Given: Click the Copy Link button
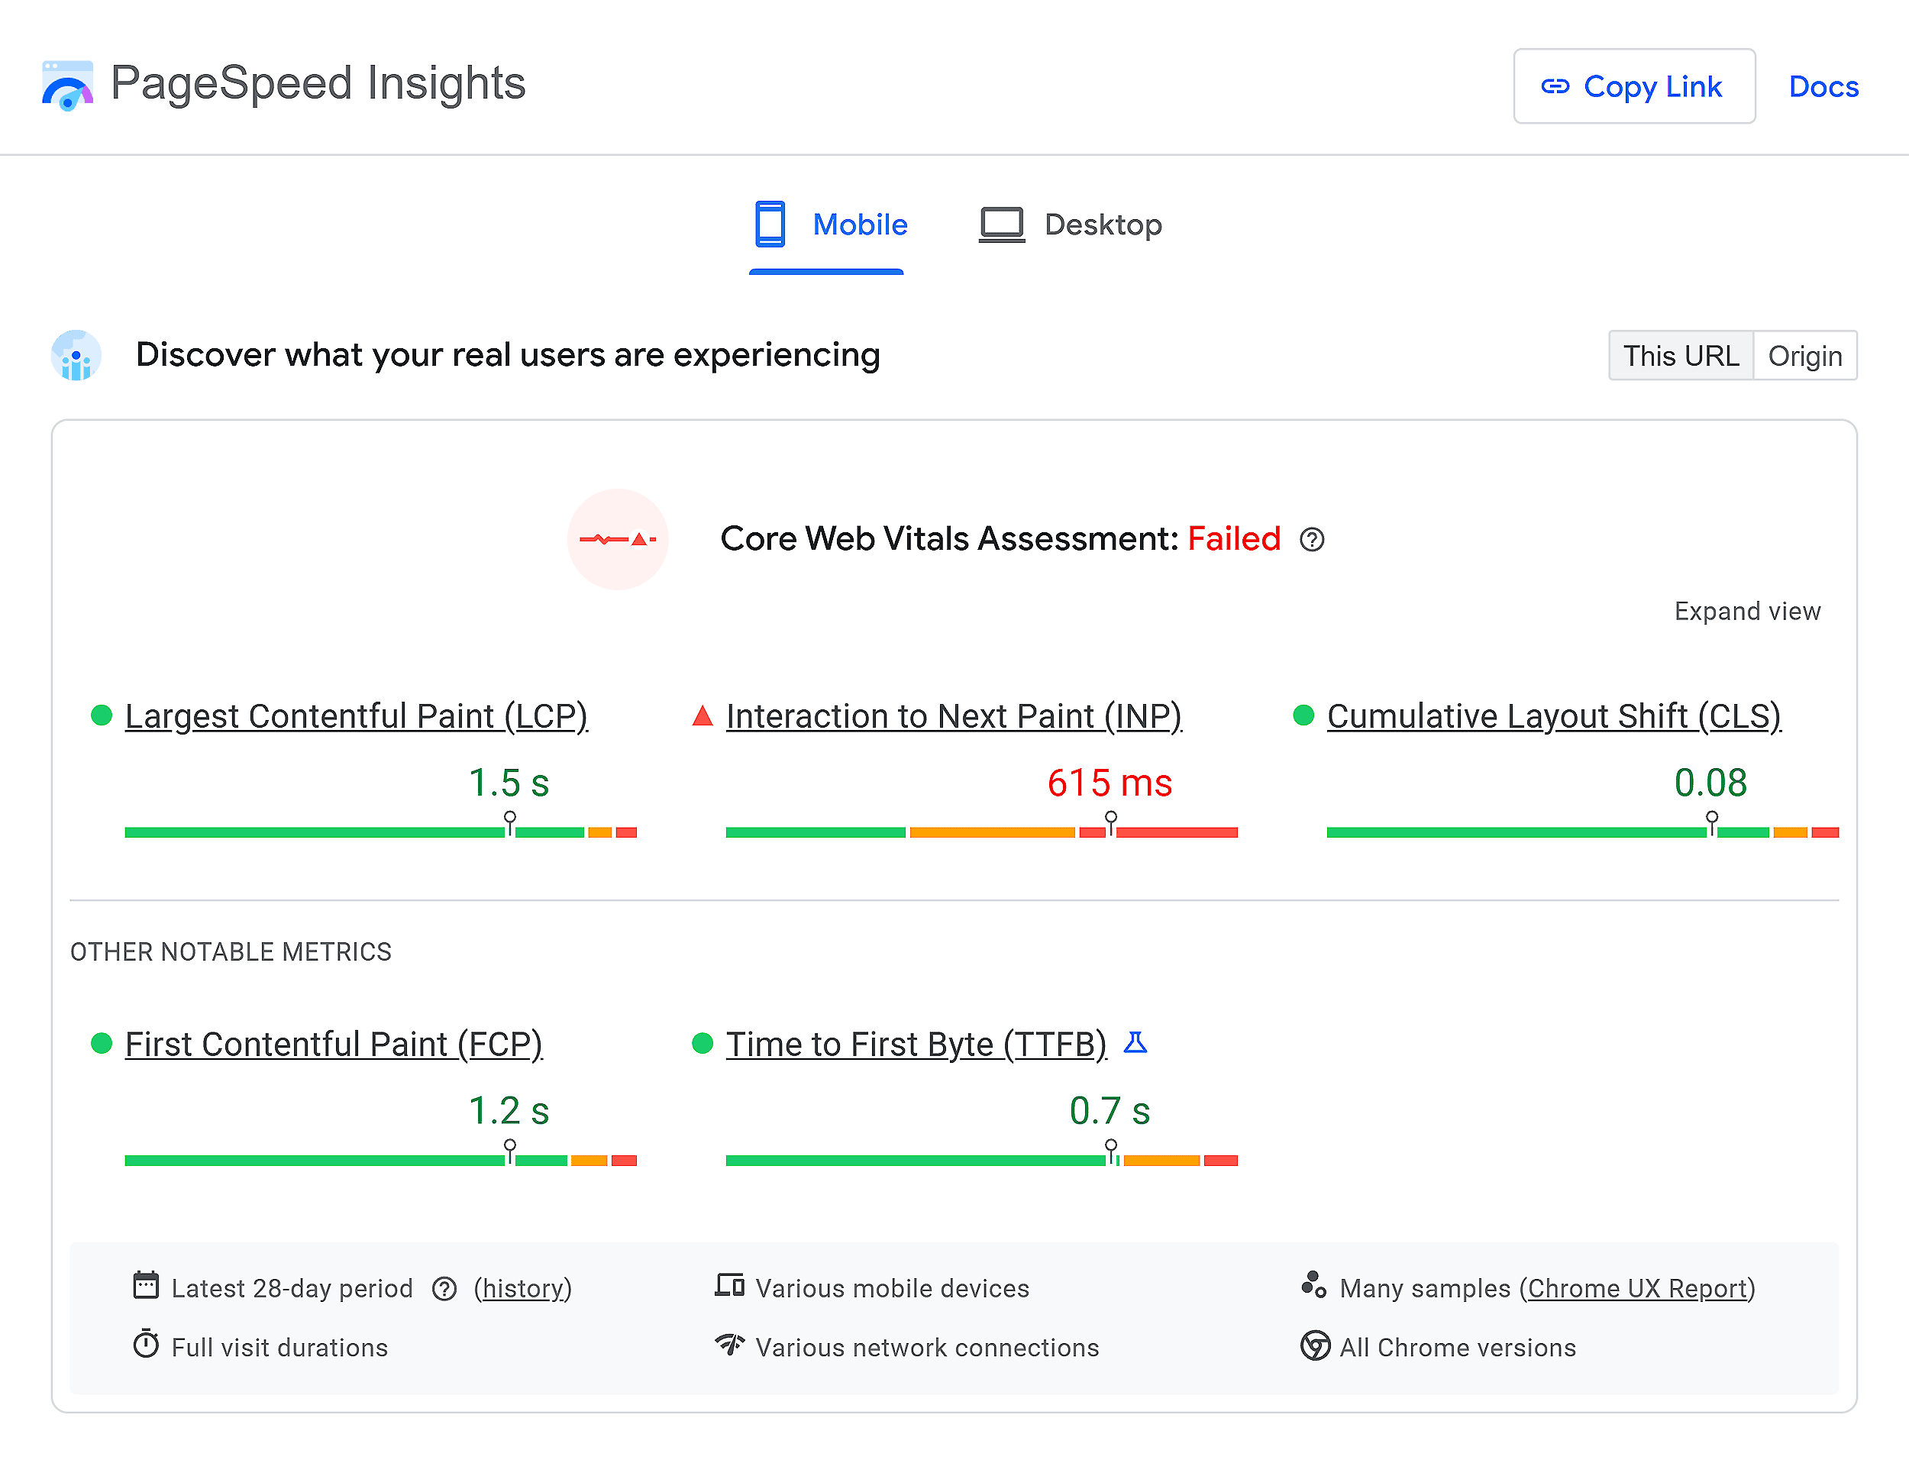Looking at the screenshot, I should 1634,86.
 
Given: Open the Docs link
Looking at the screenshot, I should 1823,86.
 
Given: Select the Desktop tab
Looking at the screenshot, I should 1071,224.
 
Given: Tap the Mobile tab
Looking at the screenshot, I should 830,224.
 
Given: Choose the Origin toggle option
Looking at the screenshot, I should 1804,355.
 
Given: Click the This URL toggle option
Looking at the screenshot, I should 1680,355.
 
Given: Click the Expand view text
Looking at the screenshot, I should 1747,612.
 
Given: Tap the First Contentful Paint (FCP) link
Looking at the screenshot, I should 334,1043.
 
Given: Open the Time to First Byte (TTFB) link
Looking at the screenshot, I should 916,1043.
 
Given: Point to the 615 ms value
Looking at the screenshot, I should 1110,783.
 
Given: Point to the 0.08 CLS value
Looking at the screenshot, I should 1710,783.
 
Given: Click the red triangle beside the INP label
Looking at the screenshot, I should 703,717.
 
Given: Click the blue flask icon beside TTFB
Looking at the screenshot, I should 1135,1042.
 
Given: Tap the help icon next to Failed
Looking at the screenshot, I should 1312,540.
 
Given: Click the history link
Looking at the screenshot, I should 522,1288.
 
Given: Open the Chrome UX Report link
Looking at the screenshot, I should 1637,1288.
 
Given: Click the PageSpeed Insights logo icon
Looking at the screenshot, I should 67,86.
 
